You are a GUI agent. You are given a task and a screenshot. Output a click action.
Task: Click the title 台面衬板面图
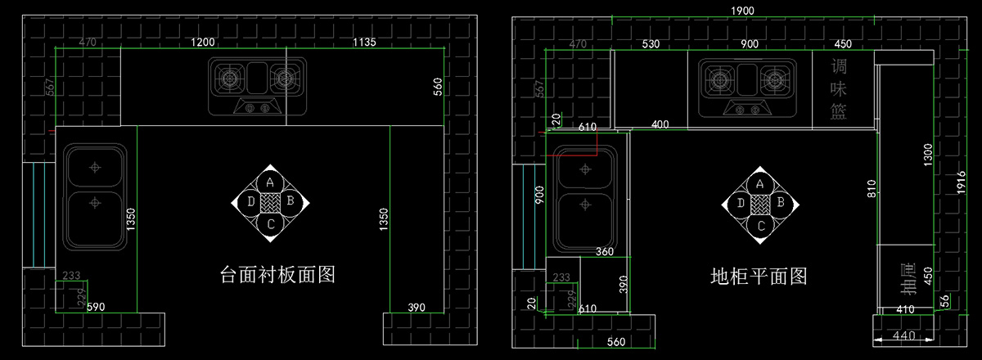click(278, 275)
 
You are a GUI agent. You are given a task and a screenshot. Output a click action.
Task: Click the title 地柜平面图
click(759, 277)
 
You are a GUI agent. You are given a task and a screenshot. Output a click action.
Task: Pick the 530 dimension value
click(651, 43)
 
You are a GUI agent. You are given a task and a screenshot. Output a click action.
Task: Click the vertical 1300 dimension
click(927, 155)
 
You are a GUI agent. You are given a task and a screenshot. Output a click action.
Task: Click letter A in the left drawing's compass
click(270, 182)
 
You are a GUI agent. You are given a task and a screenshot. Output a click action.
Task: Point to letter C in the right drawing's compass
click(760, 225)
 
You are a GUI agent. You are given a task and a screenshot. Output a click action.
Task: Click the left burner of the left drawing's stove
click(232, 79)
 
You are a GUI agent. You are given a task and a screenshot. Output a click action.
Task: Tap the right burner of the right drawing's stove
click(773, 80)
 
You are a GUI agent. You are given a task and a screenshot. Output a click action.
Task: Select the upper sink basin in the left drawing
click(96, 167)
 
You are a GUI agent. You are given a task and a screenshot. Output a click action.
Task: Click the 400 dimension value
click(660, 124)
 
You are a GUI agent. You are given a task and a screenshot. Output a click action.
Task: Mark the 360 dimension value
click(605, 252)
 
